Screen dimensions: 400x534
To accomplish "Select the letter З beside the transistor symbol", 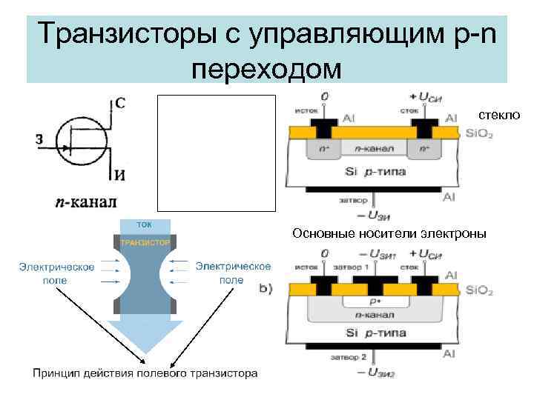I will coord(39,139).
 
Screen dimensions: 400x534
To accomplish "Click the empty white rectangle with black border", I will coord(216,153).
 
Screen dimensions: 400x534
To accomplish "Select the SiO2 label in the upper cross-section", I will coord(478,134).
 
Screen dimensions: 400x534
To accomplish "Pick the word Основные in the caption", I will coord(319,234).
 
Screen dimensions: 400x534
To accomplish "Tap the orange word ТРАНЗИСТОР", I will coord(145,242).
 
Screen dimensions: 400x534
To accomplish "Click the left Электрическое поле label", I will coord(56,273).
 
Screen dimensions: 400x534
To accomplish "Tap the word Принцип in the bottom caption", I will coord(55,373).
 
